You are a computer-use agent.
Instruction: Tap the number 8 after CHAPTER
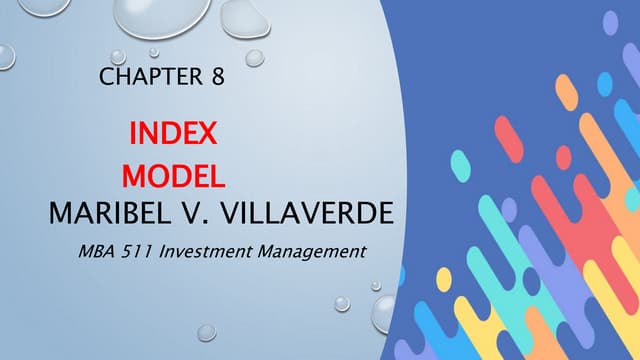217,77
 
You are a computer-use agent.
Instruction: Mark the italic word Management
313,252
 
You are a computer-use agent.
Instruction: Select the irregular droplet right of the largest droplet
243,17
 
